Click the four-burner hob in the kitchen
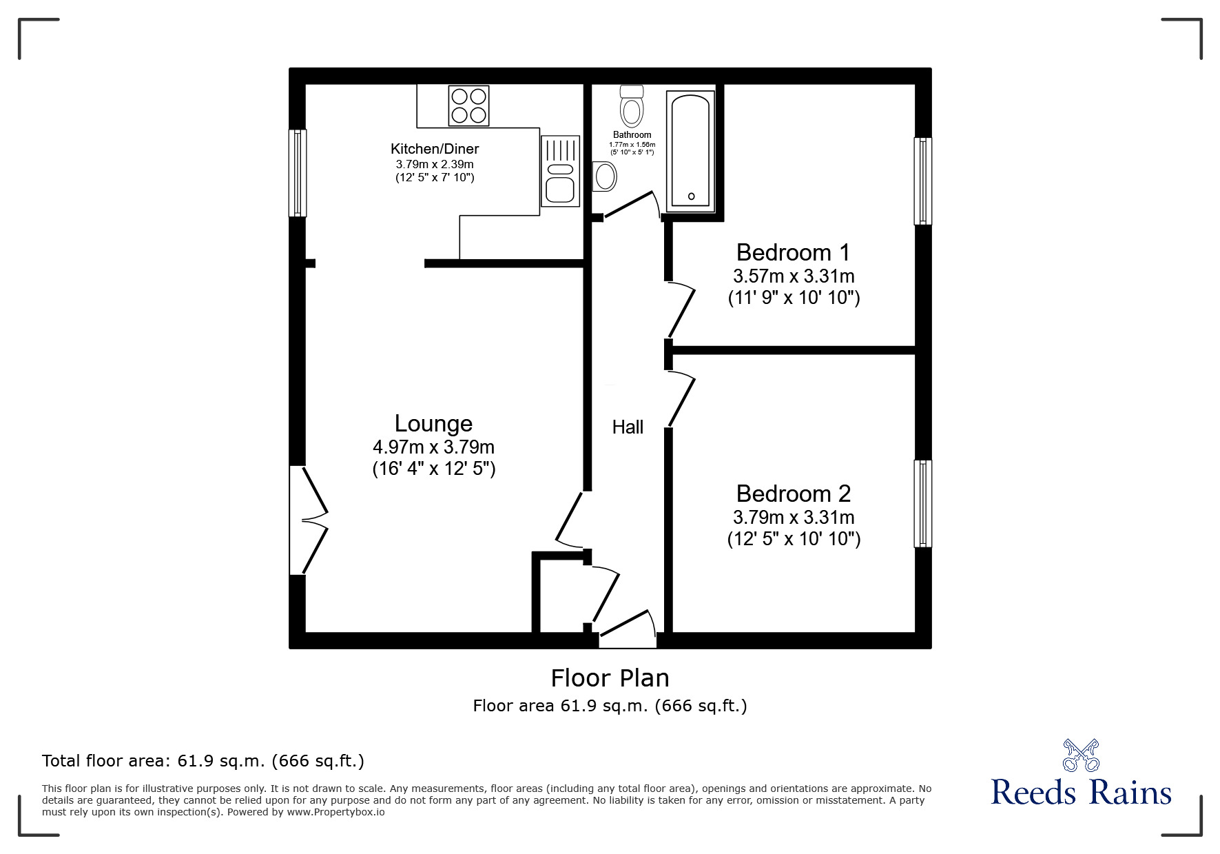468,105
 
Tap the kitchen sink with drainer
559,170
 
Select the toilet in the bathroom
631,103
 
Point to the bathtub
690,150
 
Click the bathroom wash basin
605,176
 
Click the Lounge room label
433,423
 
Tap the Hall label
628,427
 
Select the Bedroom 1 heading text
793,252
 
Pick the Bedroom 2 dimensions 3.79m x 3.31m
794,517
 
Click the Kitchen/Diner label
435,149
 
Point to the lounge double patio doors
309,520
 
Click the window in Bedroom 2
922,503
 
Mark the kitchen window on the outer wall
297,173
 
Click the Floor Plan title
610,678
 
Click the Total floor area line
203,761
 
